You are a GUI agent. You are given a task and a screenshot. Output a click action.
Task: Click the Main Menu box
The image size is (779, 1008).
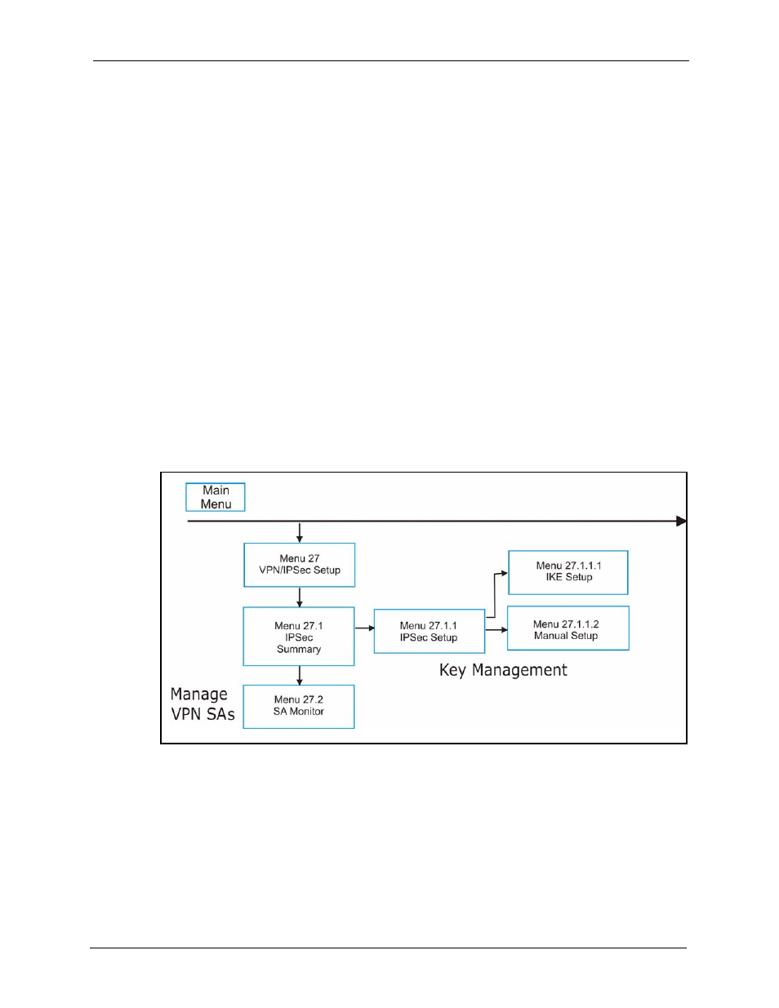[216, 497]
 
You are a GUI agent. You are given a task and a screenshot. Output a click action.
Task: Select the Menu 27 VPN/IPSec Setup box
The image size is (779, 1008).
[299, 565]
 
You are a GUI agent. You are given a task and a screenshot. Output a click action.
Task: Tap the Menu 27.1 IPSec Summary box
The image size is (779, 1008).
[299, 636]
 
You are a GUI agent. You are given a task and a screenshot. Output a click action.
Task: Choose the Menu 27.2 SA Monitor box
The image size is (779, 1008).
[299, 706]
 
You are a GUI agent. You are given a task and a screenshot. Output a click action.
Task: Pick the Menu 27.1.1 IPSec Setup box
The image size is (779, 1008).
[430, 631]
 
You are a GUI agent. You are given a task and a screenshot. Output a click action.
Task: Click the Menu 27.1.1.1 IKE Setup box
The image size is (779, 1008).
[568, 572]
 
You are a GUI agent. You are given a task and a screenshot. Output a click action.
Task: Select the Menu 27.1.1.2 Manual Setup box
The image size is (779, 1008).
[568, 628]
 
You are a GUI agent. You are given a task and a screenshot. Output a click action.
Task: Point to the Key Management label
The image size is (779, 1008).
[503, 670]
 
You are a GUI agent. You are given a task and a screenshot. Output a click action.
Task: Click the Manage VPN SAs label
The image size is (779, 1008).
[203, 704]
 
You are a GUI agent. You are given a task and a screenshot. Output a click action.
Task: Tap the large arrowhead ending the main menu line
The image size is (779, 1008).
[681, 521]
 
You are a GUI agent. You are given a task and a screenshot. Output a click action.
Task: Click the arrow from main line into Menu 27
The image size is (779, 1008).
[299, 532]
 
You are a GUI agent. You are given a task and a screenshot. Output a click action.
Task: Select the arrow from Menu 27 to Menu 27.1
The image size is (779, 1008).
[299, 597]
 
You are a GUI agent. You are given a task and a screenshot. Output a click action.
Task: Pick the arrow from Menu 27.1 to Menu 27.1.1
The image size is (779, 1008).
[365, 628]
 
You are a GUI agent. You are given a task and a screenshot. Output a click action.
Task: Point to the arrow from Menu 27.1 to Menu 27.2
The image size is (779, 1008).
[299, 676]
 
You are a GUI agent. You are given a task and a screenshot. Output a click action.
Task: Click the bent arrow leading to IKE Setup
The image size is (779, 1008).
[495, 595]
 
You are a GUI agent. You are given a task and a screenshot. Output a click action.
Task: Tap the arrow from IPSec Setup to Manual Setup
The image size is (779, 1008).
[496, 629]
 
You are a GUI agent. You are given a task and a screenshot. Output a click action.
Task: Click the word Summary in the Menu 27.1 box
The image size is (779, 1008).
[299, 650]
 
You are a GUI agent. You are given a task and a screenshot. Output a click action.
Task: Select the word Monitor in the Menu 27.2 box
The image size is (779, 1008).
[307, 711]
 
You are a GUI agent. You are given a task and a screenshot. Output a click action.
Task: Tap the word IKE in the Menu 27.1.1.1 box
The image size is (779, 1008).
[554, 577]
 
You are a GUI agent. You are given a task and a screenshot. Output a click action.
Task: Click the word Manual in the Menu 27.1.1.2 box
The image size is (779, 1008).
[550, 636]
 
